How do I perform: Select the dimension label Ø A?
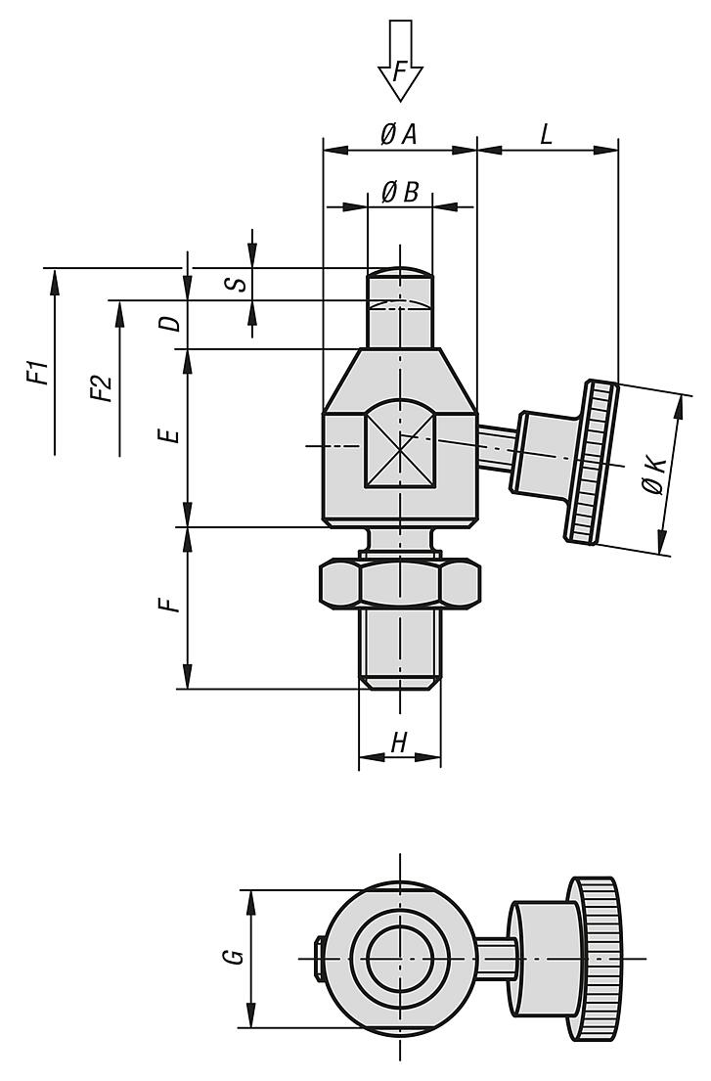coord(398,135)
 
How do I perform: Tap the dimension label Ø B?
coord(398,193)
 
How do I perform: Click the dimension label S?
coord(231,284)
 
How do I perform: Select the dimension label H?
coord(398,743)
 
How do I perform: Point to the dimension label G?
coord(233,958)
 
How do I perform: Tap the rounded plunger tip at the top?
coord(400,275)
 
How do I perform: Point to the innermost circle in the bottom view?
coord(400,958)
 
